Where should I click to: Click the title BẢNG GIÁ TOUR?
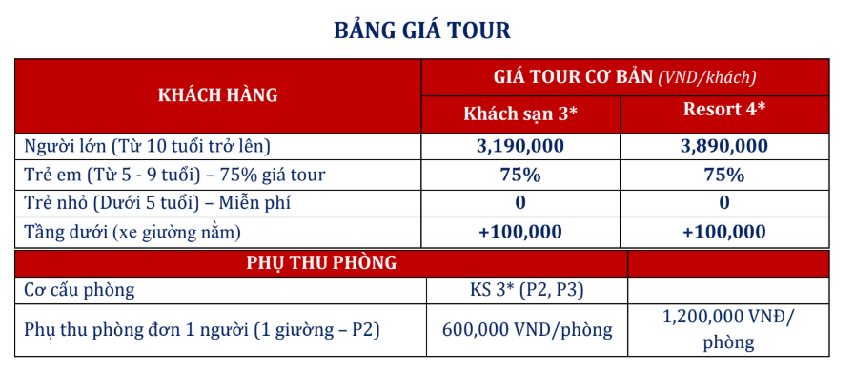(421, 31)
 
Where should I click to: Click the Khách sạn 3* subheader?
(520, 113)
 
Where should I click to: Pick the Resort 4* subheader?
(724, 109)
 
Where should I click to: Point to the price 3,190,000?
(520, 146)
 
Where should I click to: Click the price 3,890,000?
(724, 146)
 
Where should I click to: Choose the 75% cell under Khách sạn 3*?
(520, 175)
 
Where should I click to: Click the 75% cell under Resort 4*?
(724, 175)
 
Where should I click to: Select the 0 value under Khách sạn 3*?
(520, 202)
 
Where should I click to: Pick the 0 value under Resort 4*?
(724, 202)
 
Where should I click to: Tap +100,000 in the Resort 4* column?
(724, 231)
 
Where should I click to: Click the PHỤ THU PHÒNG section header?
(321, 261)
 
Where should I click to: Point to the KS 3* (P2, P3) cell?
(526, 290)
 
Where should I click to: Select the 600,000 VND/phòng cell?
(527, 330)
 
